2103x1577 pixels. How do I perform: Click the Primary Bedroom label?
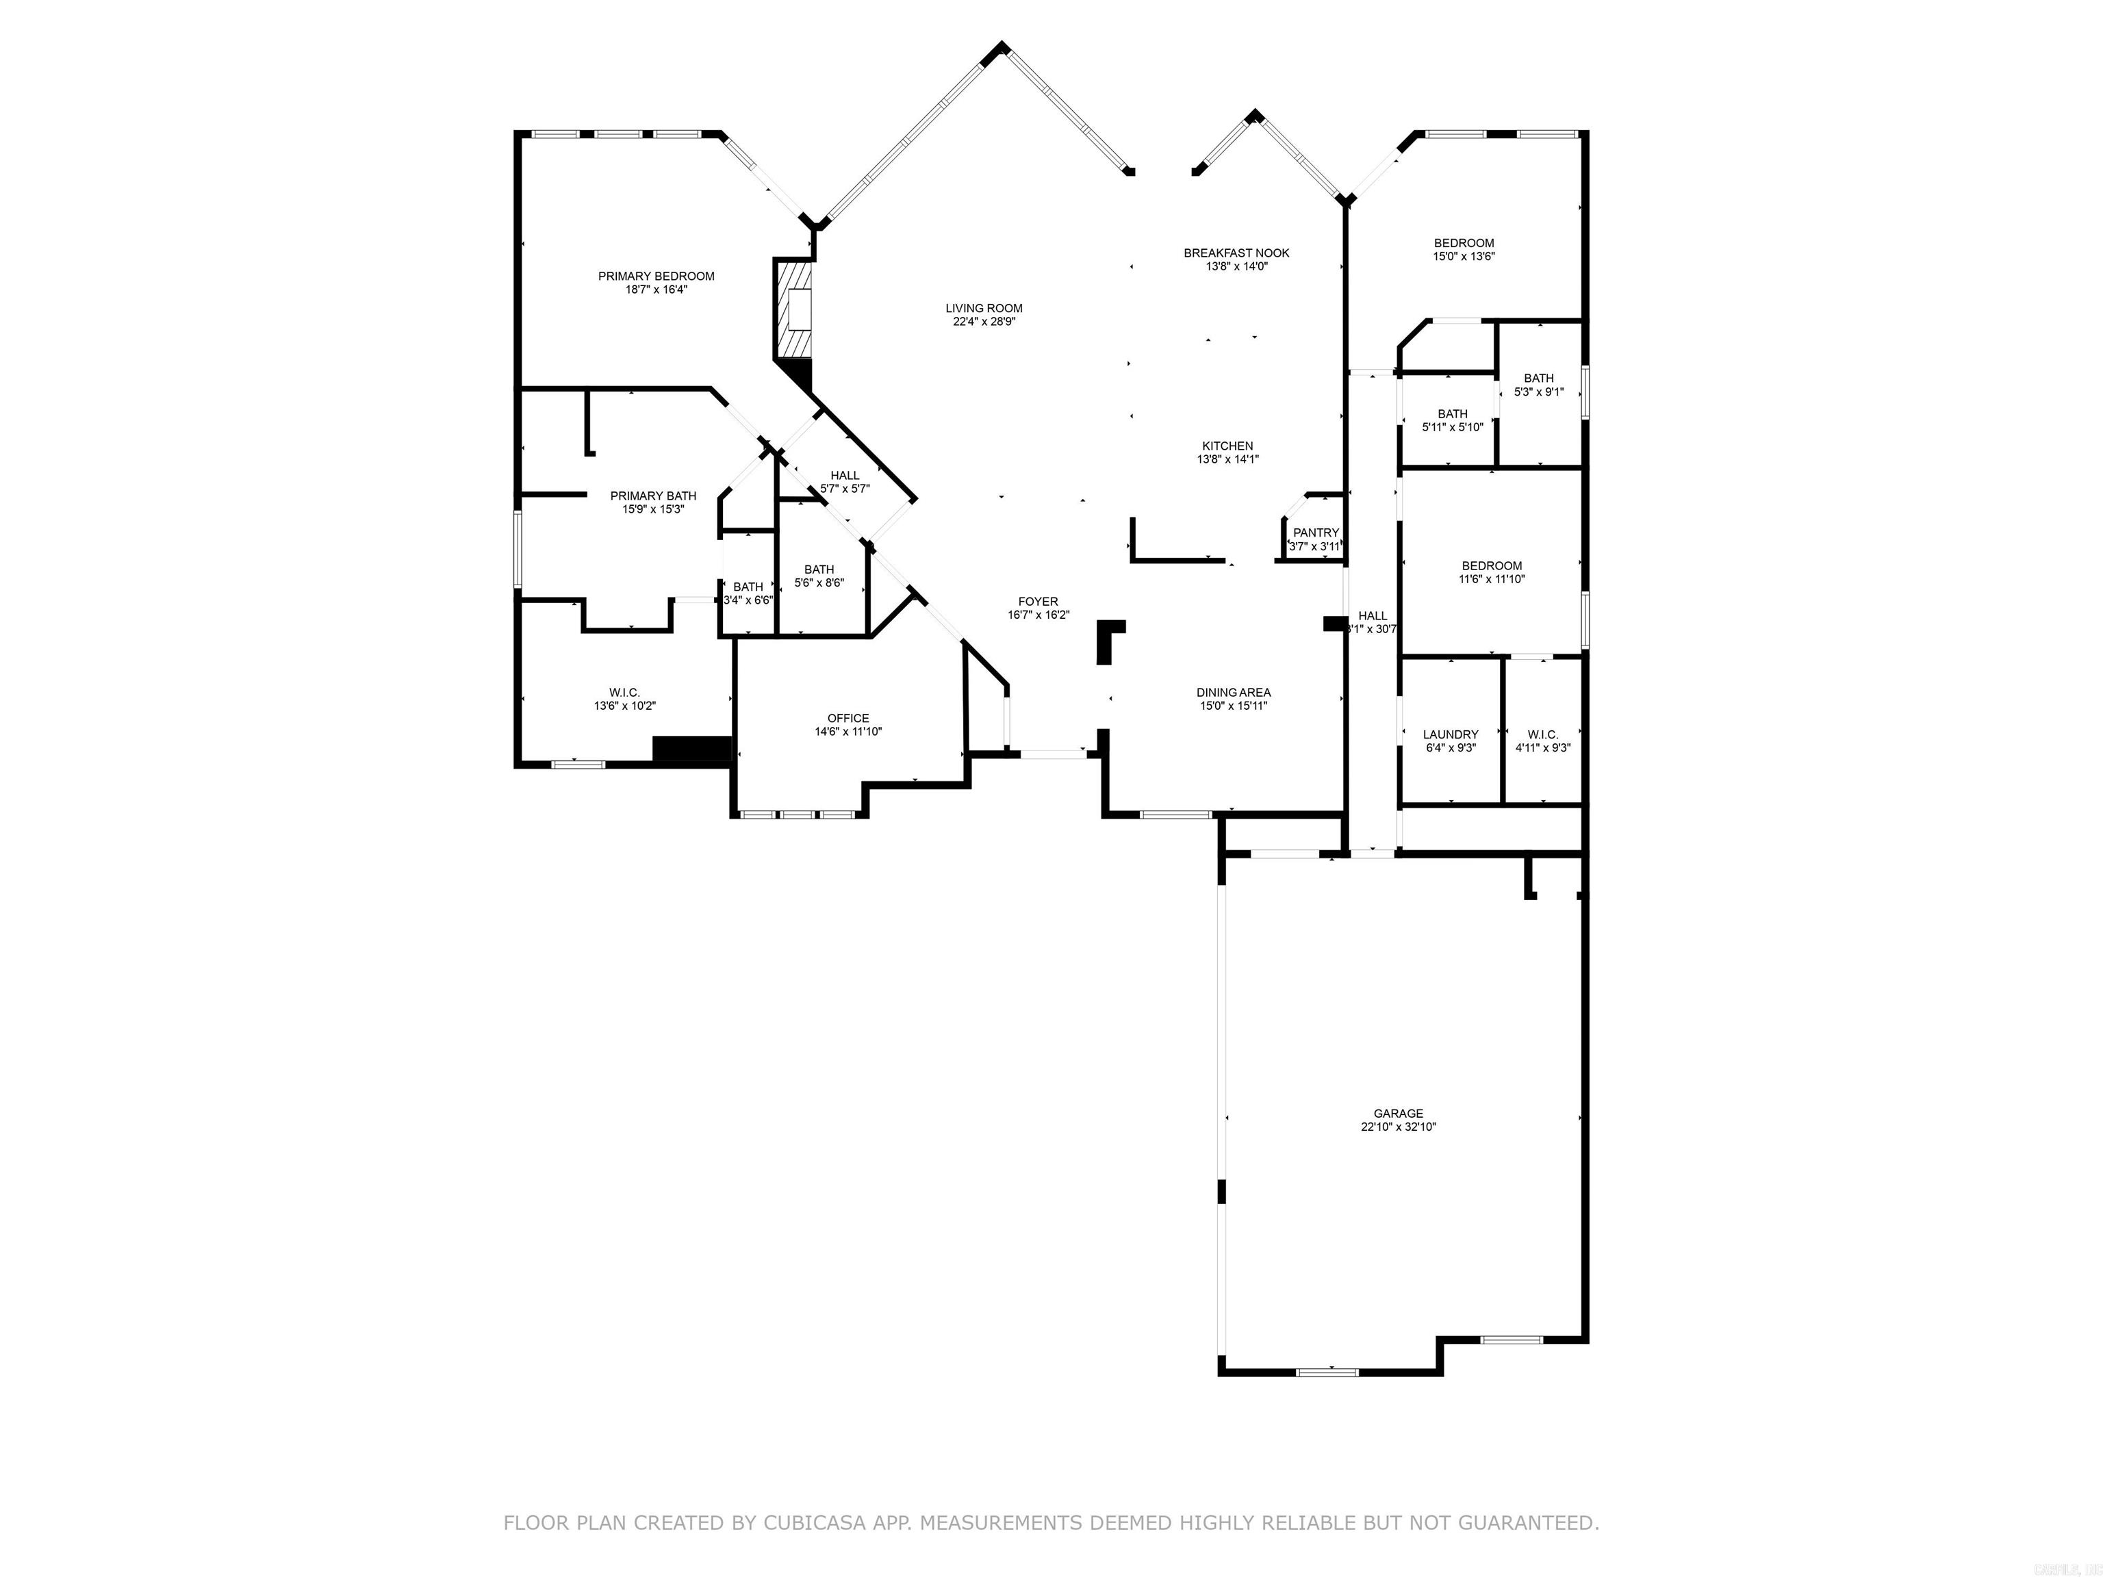tap(656, 277)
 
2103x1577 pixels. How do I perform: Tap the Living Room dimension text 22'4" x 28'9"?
tap(984, 322)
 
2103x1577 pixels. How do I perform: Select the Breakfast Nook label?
tap(1236, 253)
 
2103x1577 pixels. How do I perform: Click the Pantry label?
tap(1316, 533)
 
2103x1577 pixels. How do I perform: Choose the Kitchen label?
tap(1227, 446)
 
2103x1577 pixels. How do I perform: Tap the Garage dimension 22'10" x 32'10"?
tap(1398, 1127)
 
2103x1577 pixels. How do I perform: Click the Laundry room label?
tap(1450, 735)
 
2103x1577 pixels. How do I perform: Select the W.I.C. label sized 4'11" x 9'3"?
tap(1542, 735)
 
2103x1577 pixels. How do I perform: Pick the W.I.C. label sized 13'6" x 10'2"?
tap(624, 693)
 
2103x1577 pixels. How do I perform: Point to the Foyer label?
tap(1038, 602)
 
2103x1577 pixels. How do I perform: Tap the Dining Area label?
tap(1233, 693)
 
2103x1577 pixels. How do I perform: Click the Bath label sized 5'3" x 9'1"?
tap(1538, 379)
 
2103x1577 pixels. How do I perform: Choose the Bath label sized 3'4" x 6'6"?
tap(748, 587)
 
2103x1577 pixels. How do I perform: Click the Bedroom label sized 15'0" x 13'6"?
tap(1464, 244)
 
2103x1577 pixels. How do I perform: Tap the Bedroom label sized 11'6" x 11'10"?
tap(1492, 567)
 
